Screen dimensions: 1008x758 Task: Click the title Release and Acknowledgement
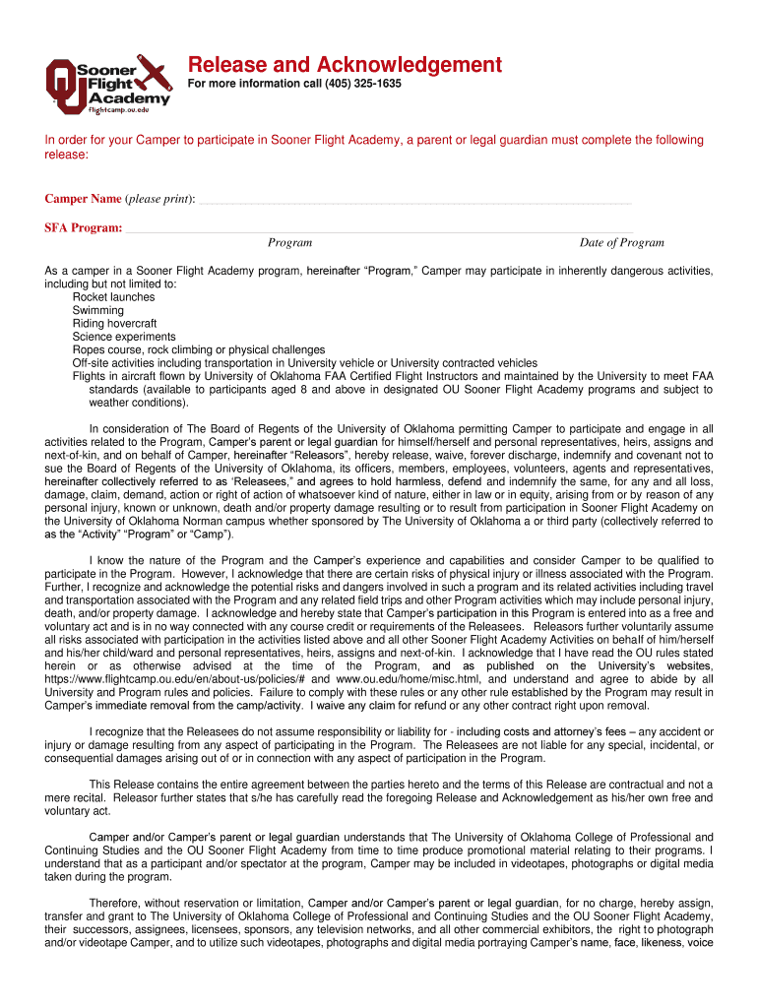(345, 65)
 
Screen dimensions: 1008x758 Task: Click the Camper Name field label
(83, 199)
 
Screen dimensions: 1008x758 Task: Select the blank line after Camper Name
(413, 201)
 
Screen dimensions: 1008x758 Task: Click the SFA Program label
(83, 228)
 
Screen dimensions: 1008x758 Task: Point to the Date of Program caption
(621, 243)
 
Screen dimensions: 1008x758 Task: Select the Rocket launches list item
(113, 297)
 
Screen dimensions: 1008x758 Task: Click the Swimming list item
(98, 310)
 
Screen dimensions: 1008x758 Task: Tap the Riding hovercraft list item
(114, 323)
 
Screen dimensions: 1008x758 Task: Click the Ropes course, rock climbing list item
(198, 349)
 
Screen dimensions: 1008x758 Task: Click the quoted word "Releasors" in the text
(318, 456)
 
